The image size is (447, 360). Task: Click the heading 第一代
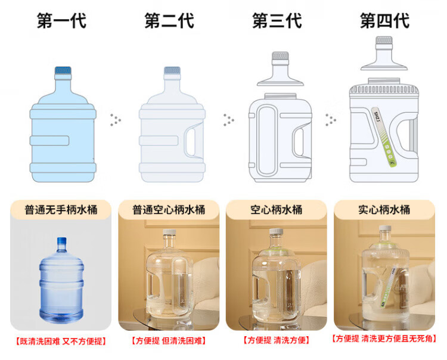[61, 20]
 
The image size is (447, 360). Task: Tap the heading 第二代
[169, 20]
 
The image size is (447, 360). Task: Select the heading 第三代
[277, 20]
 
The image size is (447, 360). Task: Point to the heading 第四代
[385, 20]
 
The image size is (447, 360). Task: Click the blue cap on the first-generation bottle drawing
[63, 70]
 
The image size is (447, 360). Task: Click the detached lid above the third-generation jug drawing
[280, 69]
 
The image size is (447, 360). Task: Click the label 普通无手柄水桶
[61, 210]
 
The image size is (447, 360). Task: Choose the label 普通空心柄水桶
[169, 210]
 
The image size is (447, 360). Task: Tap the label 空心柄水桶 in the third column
[277, 210]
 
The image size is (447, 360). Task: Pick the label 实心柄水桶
[384, 210]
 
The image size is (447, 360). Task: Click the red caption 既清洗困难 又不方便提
[61, 341]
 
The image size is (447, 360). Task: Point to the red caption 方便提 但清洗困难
[169, 340]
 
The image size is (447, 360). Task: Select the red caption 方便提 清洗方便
[276, 340]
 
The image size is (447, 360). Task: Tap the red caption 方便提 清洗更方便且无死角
[384, 339]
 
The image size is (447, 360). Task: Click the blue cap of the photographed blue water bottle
[61, 241]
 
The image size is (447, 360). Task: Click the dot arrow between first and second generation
[116, 120]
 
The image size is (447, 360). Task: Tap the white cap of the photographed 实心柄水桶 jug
[385, 228]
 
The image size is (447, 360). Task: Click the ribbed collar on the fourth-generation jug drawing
[384, 90]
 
